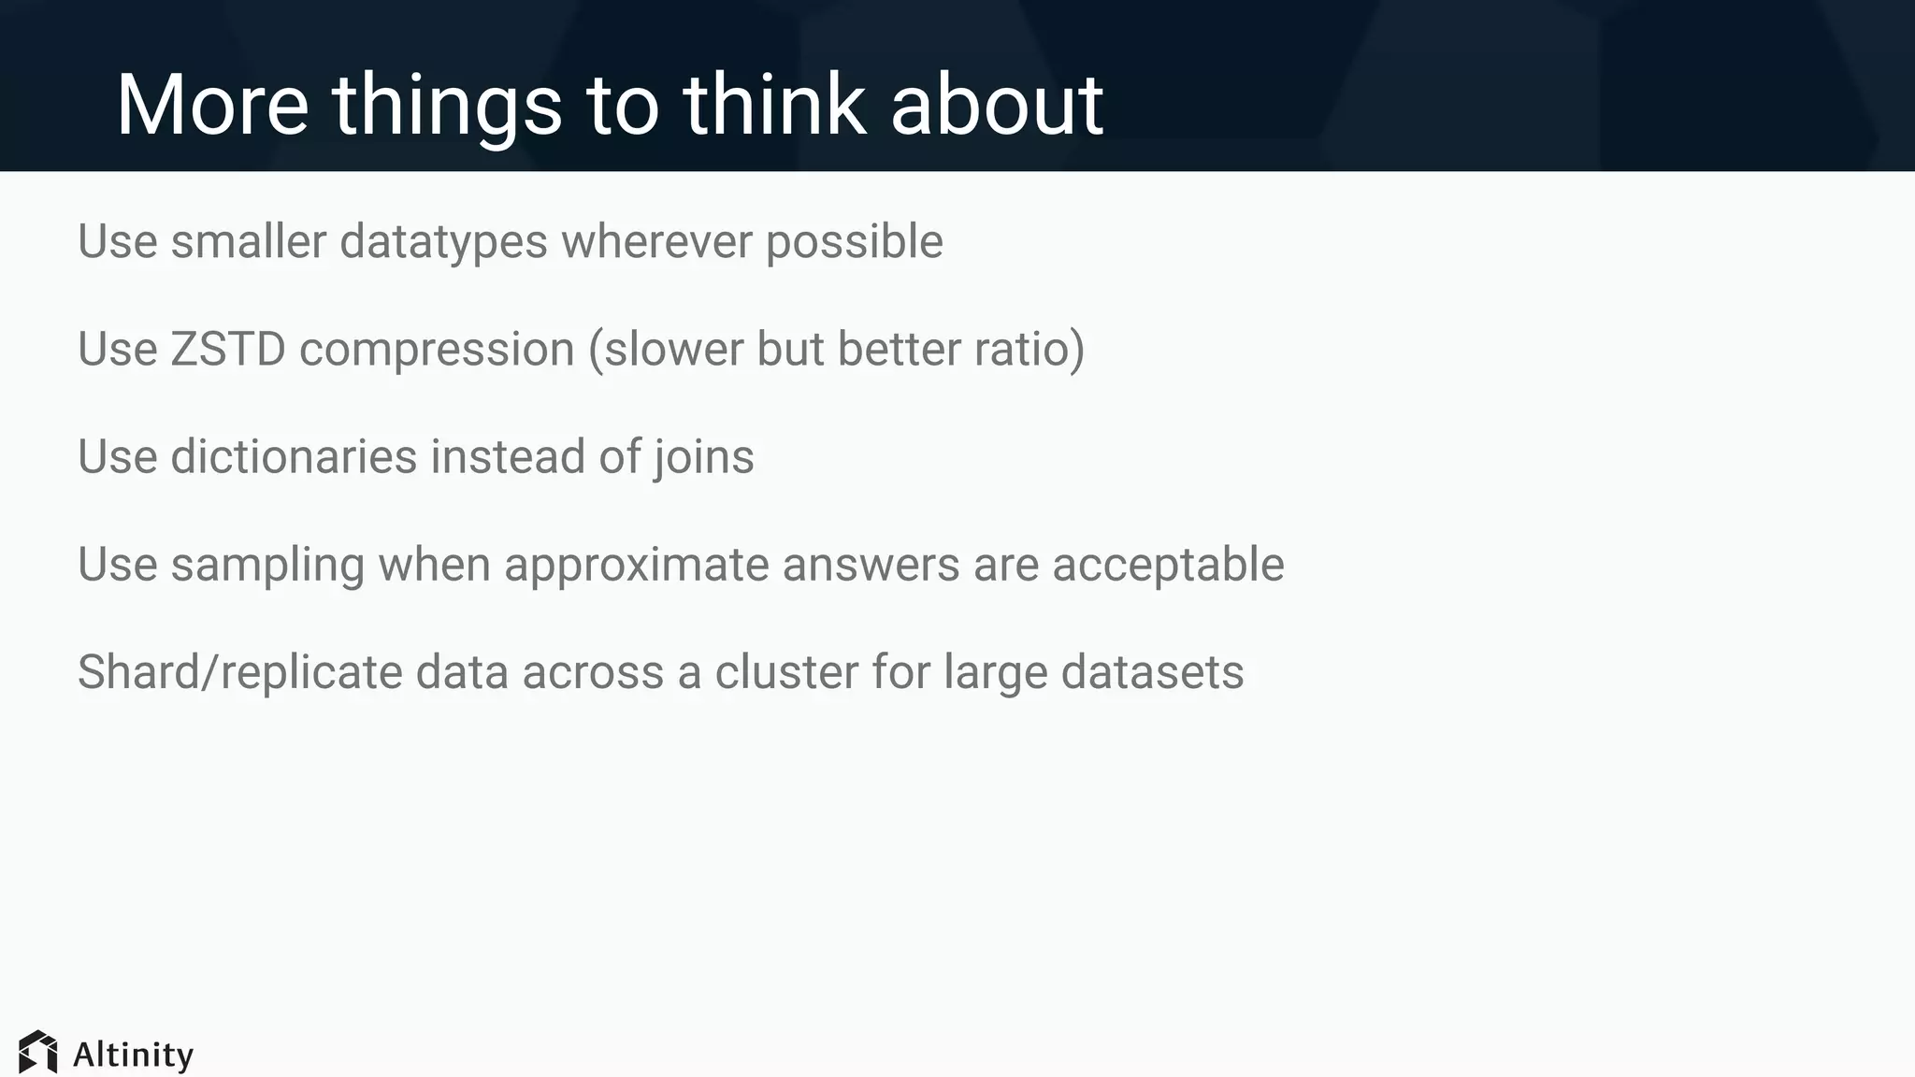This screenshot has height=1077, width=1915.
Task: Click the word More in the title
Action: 212,105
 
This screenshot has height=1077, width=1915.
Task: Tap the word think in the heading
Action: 773,105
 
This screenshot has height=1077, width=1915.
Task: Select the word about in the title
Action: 997,105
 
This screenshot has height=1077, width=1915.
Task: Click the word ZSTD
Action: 227,350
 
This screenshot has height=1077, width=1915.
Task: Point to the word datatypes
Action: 443,242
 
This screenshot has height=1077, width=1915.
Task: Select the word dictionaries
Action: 294,457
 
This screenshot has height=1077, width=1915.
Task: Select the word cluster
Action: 786,673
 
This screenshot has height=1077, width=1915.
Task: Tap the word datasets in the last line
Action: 1152,673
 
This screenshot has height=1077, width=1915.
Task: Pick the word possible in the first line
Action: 854,242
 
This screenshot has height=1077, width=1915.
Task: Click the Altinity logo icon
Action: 38,1052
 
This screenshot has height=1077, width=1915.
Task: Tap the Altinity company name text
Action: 133,1055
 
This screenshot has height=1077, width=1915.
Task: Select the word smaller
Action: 249,242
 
